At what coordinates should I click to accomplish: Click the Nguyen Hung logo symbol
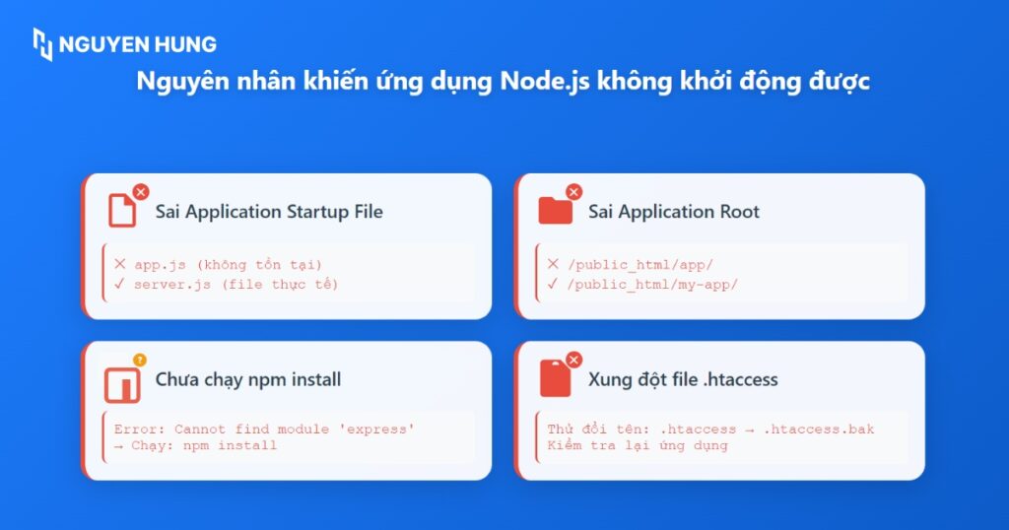pos(42,43)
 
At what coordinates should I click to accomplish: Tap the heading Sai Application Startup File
pos(269,212)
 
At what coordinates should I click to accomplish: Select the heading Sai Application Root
pos(674,212)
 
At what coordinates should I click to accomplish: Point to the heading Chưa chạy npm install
pos(248,379)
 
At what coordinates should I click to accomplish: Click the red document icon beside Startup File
pos(122,211)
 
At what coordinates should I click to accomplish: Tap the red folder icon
pos(555,211)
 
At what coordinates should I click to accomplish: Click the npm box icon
pos(122,385)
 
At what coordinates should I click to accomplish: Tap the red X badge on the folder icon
pos(573,192)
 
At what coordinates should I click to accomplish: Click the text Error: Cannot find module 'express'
pos(264,430)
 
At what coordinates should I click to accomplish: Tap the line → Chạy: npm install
pos(195,445)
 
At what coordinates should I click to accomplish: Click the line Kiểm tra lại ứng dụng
pos(638,445)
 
